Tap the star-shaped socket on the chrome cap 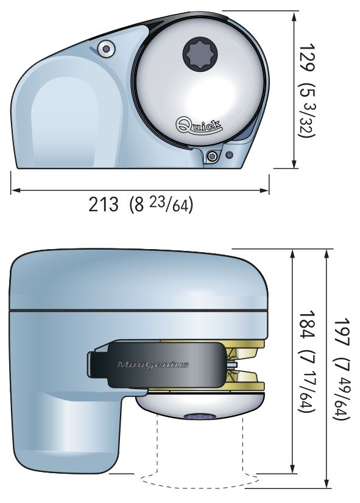tap(200, 54)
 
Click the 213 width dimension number tap(104, 205)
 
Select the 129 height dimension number tap(306, 57)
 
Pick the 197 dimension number tap(341, 332)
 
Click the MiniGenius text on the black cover tap(153, 365)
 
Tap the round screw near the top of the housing tap(106, 49)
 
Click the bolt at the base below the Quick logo tap(211, 157)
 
